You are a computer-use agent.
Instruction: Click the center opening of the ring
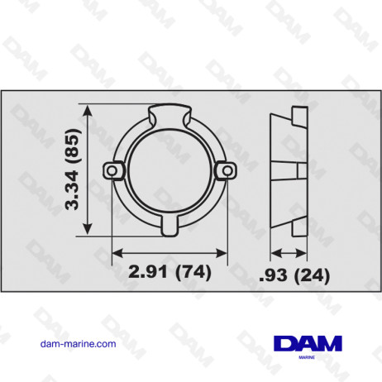pyautogui.click(x=168, y=170)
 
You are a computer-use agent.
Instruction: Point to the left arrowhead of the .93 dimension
pyautogui.click(x=275, y=252)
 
